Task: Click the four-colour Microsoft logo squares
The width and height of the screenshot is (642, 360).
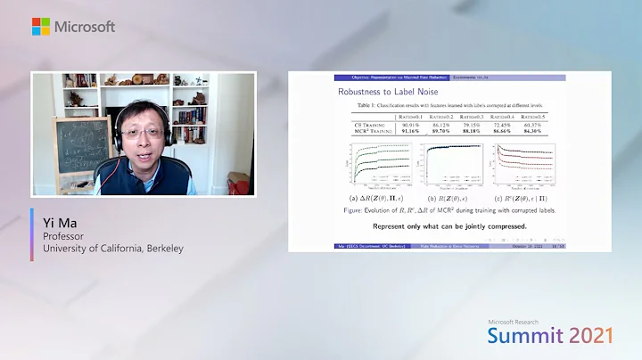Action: point(41,27)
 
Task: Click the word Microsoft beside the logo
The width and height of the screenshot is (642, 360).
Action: point(85,27)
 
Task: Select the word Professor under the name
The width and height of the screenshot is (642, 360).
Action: point(66,235)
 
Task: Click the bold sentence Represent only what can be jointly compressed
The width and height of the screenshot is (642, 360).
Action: point(449,225)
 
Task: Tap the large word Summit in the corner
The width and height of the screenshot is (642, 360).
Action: point(530,336)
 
